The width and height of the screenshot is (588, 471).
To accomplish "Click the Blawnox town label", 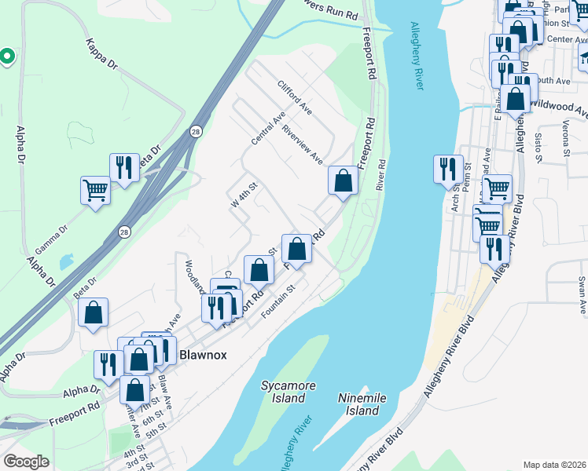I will (x=203, y=355).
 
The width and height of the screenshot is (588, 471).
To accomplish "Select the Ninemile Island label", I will (x=362, y=404).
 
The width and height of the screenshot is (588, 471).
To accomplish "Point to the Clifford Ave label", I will (x=295, y=97).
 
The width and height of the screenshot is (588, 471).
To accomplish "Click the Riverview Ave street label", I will (x=303, y=144).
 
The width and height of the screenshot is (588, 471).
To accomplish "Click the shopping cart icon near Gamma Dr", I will (x=95, y=190).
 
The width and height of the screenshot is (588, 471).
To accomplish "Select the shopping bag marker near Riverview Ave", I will (x=343, y=181).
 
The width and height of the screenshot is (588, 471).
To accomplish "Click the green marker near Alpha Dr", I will (x=6, y=56).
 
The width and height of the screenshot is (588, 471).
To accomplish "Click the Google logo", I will (x=26, y=462).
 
